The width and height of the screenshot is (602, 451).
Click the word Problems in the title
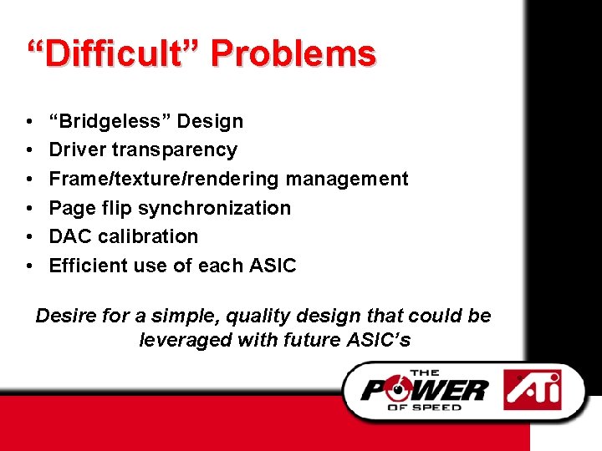coord(293,54)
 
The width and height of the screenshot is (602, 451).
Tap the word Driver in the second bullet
coord(77,150)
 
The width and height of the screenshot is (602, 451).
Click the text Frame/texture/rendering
coord(165,179)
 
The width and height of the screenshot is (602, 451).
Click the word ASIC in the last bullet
coord(273,266)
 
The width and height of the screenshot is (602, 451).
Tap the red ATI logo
coord(532,389)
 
